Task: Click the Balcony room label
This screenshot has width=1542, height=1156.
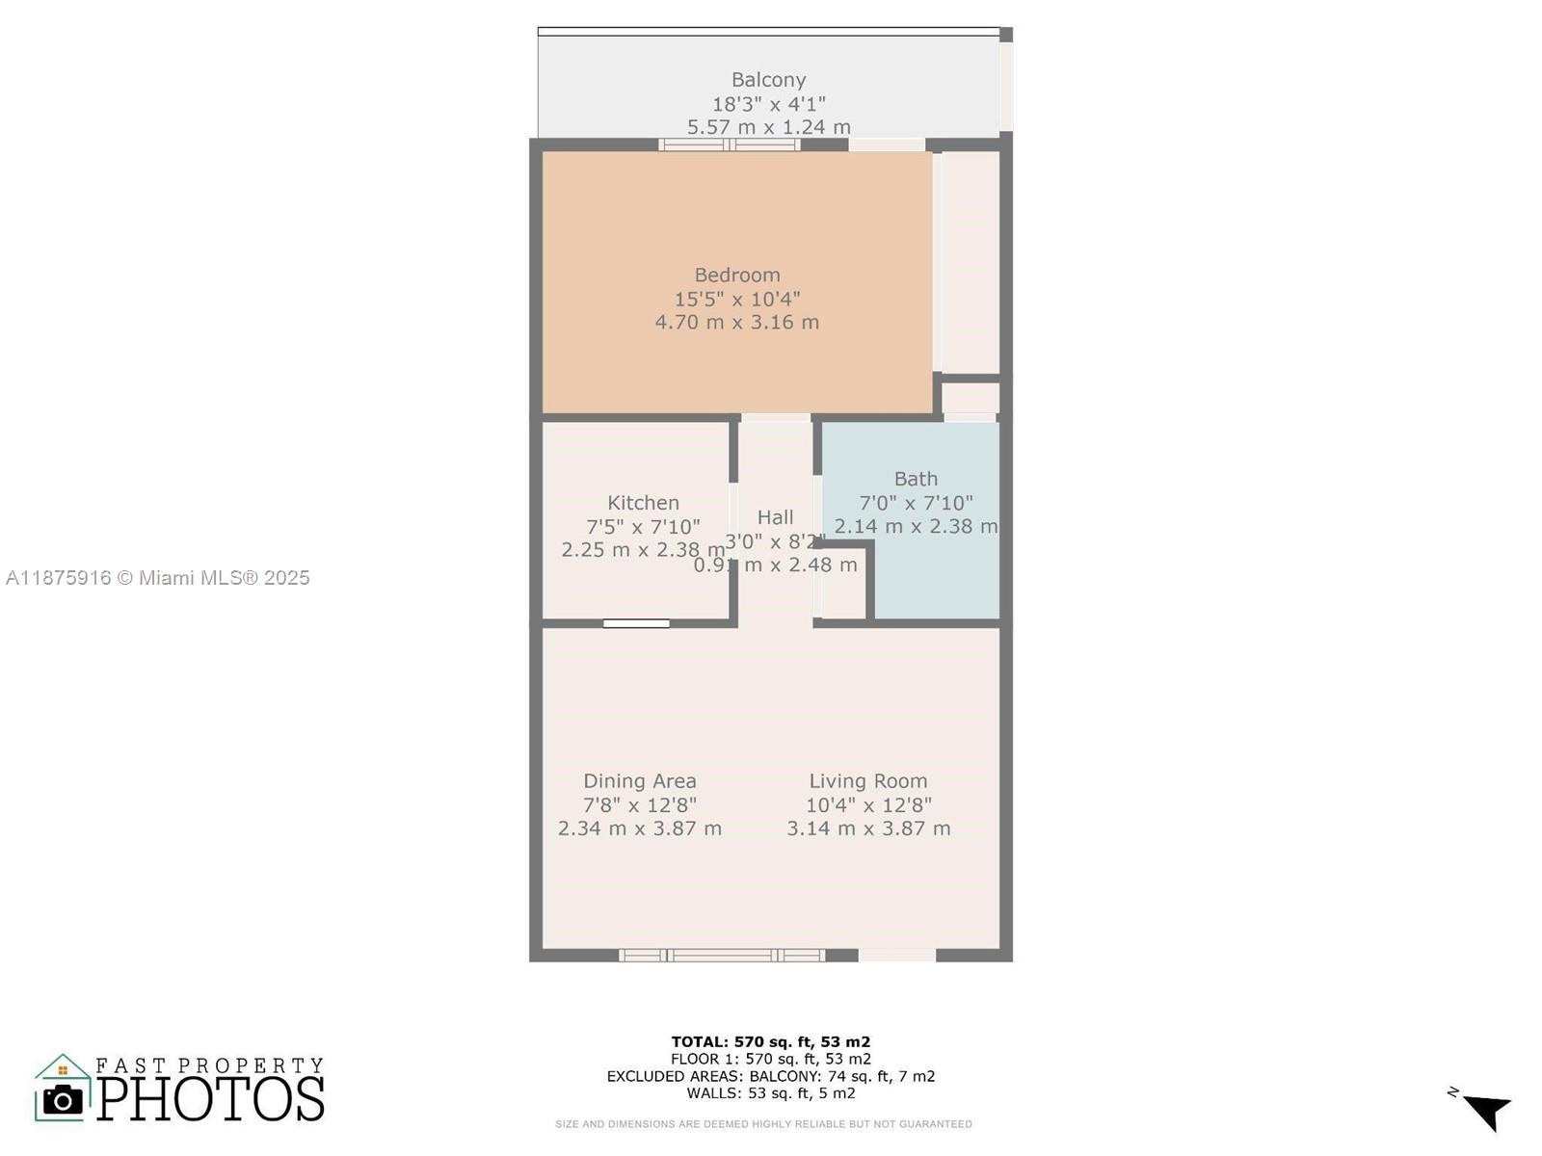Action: point(768,80)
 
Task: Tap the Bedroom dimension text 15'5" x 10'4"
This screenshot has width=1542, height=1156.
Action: point(737,299)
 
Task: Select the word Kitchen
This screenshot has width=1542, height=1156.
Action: point(643,503)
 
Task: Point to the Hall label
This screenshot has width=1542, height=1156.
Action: point(775,517)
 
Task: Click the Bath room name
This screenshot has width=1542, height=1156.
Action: point(916,479)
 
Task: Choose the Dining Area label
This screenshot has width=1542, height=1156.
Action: point(640,781)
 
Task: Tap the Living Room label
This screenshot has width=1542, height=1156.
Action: point(867,781)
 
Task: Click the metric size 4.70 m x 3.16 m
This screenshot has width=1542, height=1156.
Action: point(737,323)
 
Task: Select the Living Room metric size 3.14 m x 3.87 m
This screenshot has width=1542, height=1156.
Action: point(868,828)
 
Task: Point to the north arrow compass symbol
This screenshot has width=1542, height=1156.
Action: point(1485,1110)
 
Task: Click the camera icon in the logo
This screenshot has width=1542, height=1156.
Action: point(64,1099)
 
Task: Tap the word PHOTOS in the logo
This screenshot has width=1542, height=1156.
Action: point(210,1099)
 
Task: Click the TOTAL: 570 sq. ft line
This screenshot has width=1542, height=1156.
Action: point(770,1041)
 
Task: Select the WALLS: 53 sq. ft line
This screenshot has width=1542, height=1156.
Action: point(770,1093)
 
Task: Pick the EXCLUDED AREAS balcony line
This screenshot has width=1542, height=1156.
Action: point(770,1076)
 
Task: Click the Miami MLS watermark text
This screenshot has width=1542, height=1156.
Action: point(158,578)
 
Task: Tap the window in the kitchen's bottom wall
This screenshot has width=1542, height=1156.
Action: point(636,624)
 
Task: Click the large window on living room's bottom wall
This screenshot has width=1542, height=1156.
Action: point(722,956)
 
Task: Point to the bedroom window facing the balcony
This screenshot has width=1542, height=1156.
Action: point(730,145)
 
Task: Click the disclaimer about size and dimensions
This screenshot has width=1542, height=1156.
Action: point(763,1124)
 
